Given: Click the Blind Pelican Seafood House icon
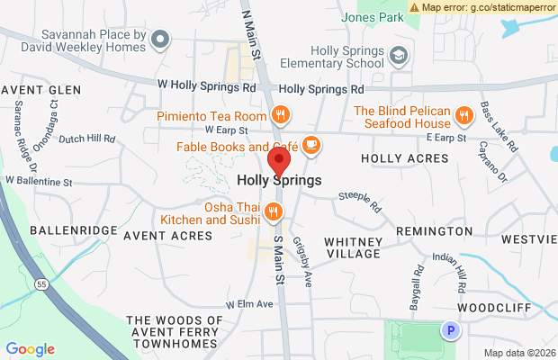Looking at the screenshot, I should point(464,116).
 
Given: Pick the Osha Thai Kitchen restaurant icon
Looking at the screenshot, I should point(273,211).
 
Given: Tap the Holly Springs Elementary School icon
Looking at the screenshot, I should point(397,57).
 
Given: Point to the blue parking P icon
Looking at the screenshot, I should point(451,332).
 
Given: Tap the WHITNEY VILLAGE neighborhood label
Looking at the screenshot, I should point(353,247).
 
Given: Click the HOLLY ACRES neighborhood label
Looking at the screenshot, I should point(404,158).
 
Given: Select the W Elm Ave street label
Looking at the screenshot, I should point(249,304).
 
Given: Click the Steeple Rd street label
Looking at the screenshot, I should point(360,202).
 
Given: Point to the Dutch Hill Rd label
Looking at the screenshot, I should point(87,139).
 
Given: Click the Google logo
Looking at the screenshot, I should point(31,349).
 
